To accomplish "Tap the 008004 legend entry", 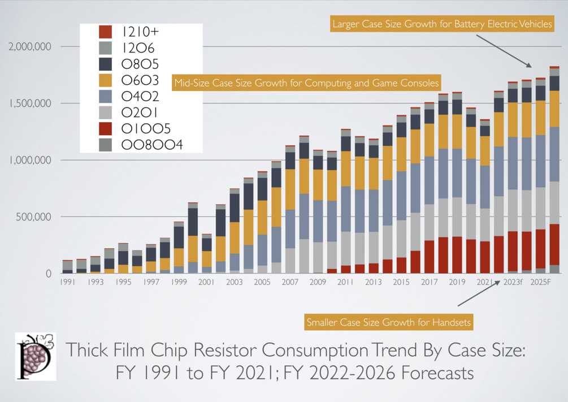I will (152, 145).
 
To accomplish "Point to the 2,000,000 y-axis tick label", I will (29, 46).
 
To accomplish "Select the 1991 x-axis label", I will (68, 282).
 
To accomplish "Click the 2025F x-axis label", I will (541, 282).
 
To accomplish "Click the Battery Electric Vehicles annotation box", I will (442, 24).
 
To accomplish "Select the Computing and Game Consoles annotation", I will (306, 83).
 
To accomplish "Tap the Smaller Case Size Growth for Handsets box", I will (388, 323).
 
